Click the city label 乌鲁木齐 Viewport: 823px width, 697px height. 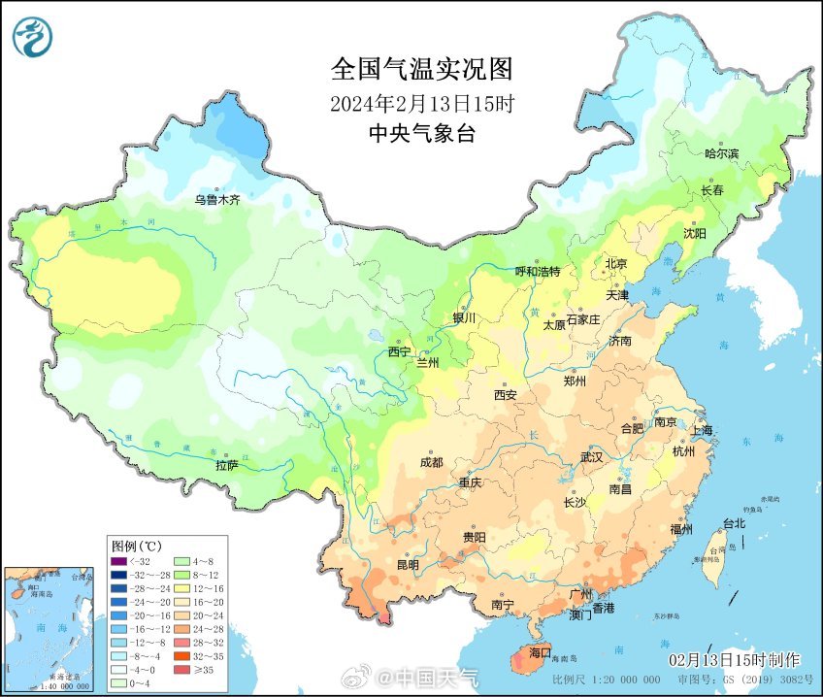[x=215, y=200]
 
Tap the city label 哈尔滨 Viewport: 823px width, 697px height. [x=721, y=153]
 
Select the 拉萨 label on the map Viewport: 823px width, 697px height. [x=227, y=466]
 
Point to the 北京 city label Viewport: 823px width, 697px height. [x=617, y=263]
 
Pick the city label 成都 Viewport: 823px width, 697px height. [x=432, y=462]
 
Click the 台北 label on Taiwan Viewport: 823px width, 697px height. [x=734, y=523]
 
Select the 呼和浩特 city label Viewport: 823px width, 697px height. [x=537, y=272]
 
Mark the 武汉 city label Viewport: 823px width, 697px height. [x=591, y=456]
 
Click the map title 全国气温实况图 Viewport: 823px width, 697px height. [x=421, y=69]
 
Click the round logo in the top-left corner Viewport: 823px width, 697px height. [x=32, y=36]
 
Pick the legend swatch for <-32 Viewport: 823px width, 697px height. [x=118, y=561]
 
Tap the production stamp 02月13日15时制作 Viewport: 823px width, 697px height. [x=734, y=660]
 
